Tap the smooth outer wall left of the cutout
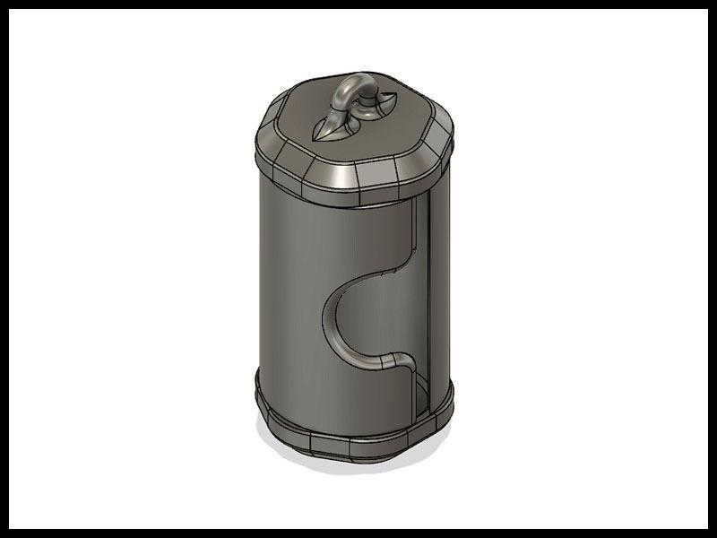[x=287, y=296]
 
